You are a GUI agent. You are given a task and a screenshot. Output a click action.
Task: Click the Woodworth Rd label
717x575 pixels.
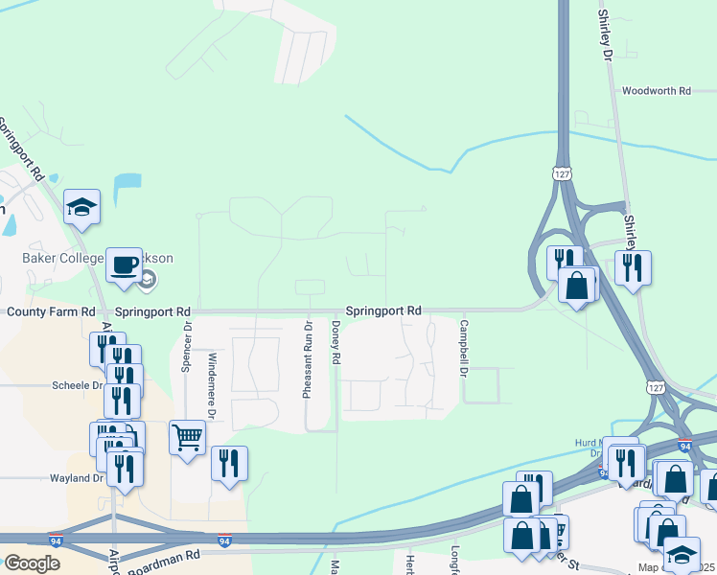[x=656, y=91]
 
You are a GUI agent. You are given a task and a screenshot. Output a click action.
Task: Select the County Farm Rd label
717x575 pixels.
[x=51, y=312]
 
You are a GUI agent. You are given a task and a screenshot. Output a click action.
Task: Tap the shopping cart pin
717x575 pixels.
[x=187, y=438]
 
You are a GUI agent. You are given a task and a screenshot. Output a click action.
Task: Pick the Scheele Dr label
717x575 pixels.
[x=77, y=385]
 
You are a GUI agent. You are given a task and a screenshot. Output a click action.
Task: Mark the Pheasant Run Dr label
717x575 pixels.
[x=308, y=360]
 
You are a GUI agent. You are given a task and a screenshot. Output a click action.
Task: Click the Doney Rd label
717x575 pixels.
[x=336, y=342]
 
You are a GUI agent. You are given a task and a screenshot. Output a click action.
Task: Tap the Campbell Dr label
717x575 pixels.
[x=463, y=348]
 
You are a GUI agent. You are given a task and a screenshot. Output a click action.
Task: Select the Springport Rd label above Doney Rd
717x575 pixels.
[x=383, y=310]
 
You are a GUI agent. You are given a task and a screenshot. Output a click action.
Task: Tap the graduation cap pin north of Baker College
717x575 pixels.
[x=82, y=206]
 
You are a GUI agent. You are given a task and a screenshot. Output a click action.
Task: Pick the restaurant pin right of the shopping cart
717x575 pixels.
[x=229, y=464]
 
